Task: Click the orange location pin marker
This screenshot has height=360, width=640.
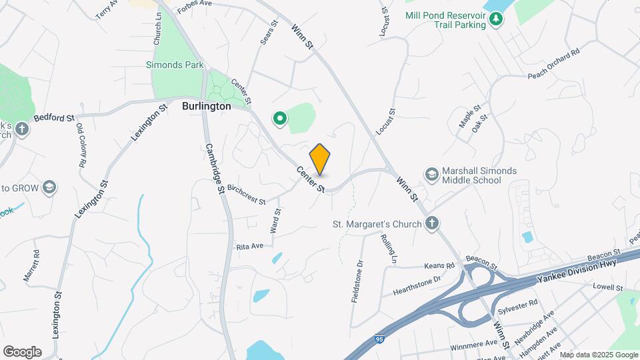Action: [x=320, y=159]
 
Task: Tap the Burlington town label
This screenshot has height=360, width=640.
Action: [x=207, y=106]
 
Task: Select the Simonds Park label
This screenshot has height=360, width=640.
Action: [x=175, y=65]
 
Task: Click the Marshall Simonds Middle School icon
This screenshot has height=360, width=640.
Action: [x=431, y=175]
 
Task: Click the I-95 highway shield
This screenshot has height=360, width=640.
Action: [x=379, y=340]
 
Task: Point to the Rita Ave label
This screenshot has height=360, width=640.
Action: [x=250, y=246]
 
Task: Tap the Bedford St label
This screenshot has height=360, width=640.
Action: [x=53, y=118]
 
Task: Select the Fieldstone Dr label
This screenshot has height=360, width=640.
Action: [x=357, y=281]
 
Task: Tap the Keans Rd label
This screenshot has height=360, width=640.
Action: [x=439, y=265]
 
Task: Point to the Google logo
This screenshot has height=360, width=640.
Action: [x=21, y=352]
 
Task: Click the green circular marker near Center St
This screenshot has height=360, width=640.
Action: [x=280, y=119]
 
